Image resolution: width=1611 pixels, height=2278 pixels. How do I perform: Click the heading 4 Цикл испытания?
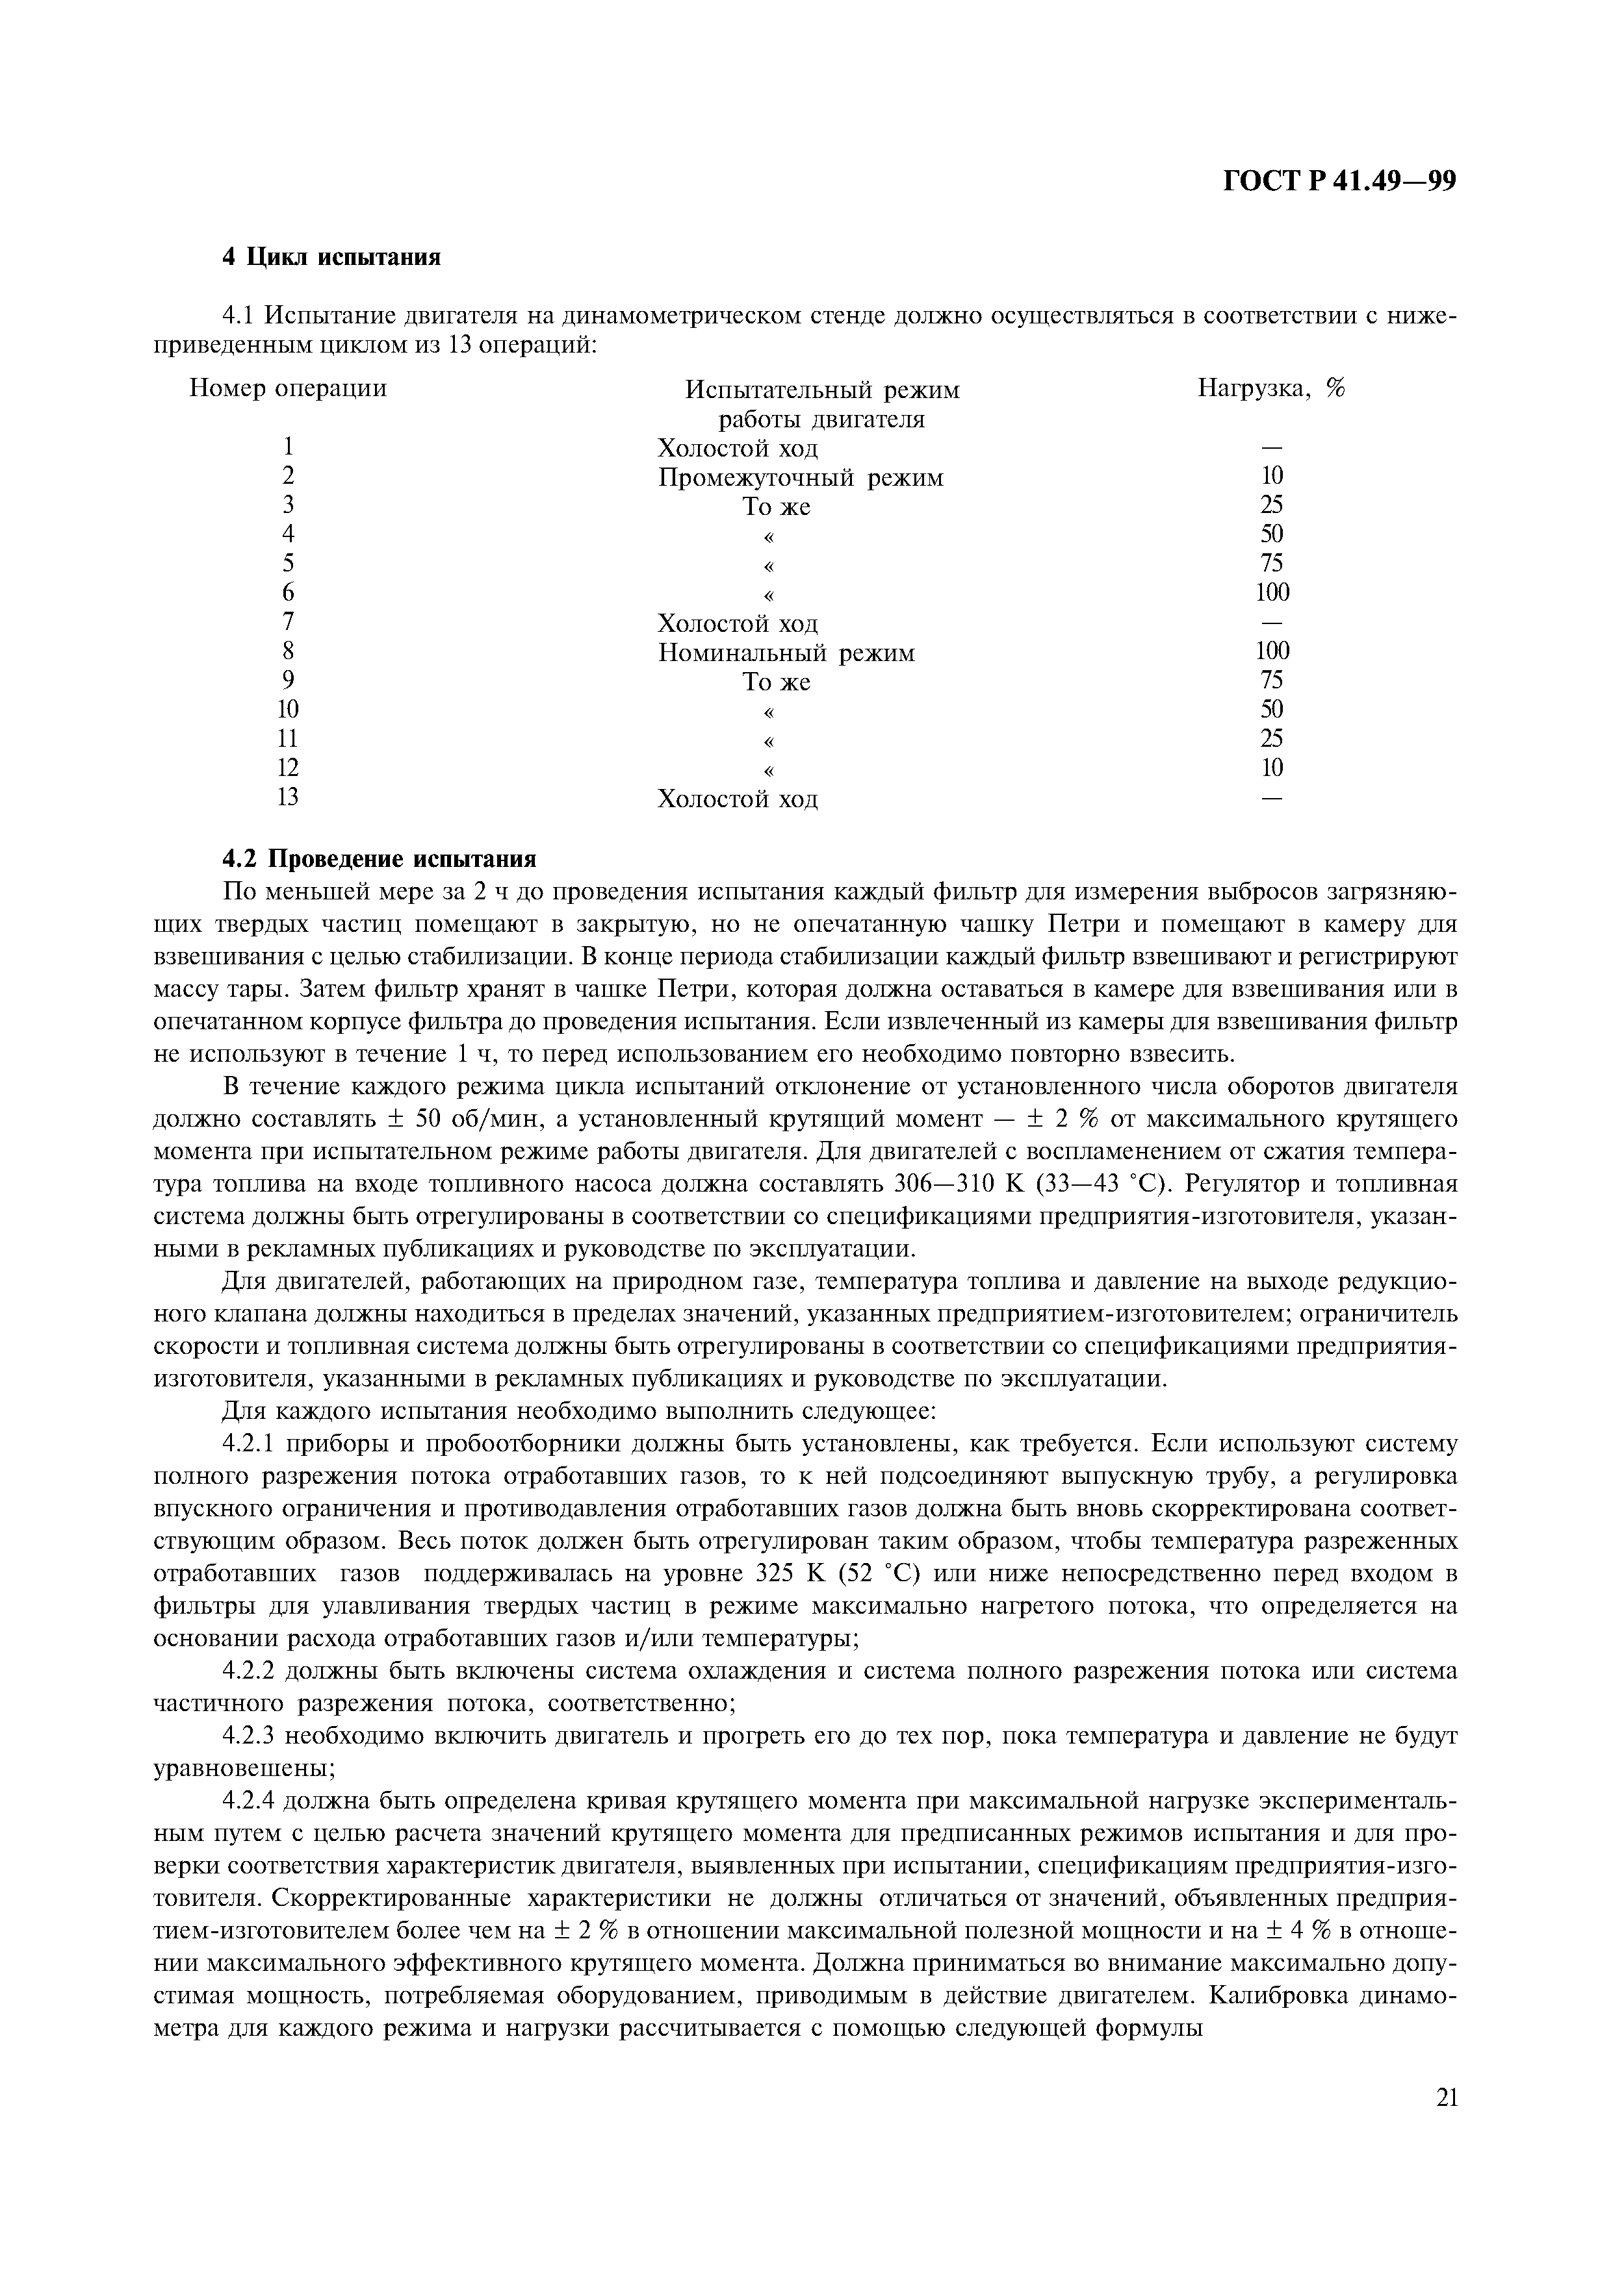coord(331,257)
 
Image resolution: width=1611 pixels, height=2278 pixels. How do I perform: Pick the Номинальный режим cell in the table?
coord(786,653)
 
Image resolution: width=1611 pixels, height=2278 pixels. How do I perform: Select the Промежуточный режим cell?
coord(800,478)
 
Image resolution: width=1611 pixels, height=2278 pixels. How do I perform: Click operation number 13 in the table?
coord(288,797)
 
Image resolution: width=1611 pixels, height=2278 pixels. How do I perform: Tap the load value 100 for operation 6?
coord(1272,592)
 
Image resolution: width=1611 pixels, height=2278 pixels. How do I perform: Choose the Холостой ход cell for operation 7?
coord(738,623)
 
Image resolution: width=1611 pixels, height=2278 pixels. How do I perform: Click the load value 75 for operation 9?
coord(1272,680)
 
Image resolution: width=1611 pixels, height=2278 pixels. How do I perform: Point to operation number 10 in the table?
coord(288,709)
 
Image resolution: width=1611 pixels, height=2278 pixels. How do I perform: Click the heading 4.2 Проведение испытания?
coord(378,858)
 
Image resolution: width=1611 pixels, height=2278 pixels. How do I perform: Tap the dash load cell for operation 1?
coord(1272,447)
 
